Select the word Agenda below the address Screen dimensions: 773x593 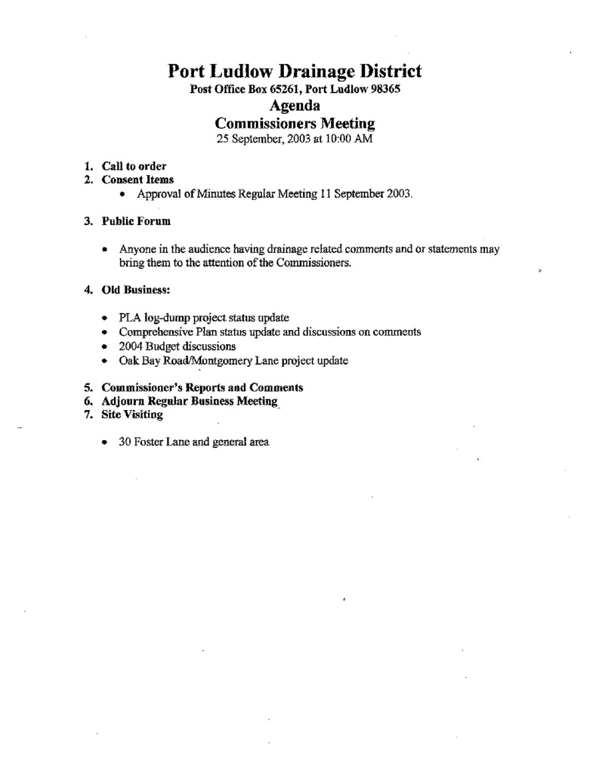point(295,105)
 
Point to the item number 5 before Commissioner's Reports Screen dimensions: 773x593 point(88,387)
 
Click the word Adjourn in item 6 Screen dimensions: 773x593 point(123,402)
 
